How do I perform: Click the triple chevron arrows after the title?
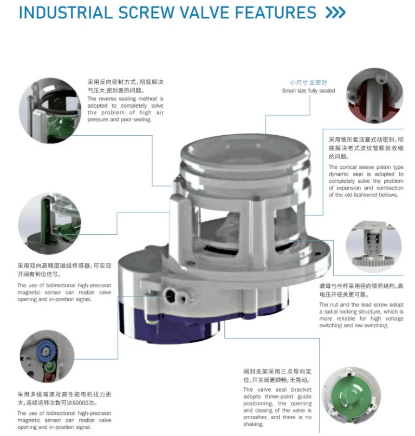335,12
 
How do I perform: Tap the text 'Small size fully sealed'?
308,91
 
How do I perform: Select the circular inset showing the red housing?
374,96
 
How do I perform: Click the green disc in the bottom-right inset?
351,397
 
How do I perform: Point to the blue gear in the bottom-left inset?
47,351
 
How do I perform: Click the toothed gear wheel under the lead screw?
373,261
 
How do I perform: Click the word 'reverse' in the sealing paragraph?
107,98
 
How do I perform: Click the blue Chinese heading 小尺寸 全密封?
308,83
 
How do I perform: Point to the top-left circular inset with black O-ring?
50,110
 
